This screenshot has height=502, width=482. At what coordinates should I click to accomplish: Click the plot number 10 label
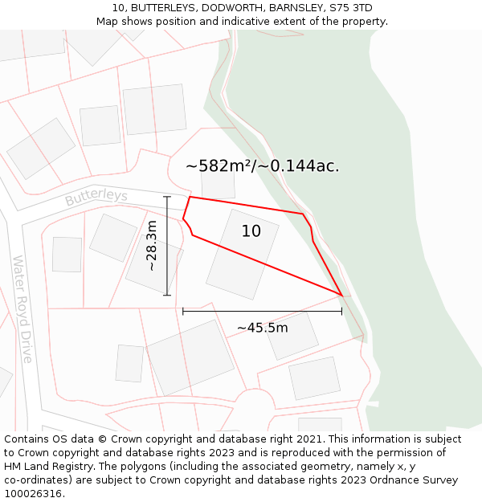tap(251, 231)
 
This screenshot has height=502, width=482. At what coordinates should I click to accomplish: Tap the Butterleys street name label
tap(96, 197)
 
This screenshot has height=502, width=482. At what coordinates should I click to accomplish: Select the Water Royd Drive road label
tap(22, 309)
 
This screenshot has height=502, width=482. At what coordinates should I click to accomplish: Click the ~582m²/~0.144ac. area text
tap(262, 166)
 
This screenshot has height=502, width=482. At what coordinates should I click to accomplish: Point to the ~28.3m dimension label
tap(152, 246)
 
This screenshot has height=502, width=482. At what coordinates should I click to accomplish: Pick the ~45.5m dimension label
tap(262, 328)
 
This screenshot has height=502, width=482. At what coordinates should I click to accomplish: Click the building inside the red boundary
tap(242, 255)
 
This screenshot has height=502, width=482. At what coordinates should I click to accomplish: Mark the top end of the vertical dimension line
tap(167, 196)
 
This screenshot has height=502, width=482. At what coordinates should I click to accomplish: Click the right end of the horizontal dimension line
tap(341, 311)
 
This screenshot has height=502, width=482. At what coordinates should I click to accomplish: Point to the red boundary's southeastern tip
tap(343, 296)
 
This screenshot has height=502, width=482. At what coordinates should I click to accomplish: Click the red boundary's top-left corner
tap(190, 197)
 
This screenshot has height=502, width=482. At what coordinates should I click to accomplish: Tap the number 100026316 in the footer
tap(33, 494)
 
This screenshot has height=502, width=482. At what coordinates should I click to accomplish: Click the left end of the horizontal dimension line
tap(183, 311)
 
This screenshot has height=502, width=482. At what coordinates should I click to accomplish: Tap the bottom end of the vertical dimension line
tap(167, 296)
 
